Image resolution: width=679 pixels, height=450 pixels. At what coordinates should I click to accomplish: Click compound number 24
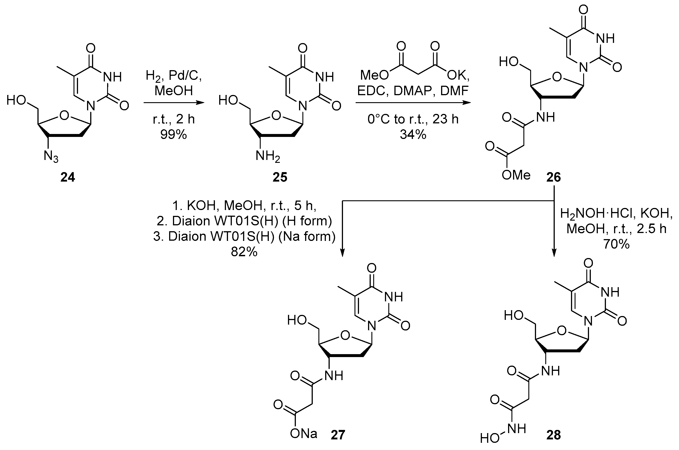(68, 177)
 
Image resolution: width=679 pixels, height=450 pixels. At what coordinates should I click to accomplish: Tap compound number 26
(553, 177)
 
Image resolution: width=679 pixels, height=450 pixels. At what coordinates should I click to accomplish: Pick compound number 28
(553, 435)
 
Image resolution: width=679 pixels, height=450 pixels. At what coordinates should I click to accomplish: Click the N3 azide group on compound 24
(51, 157)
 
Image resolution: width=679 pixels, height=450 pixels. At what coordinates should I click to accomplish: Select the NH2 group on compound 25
(268, 157)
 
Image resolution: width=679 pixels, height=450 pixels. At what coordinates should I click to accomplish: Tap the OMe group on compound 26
(516, 175)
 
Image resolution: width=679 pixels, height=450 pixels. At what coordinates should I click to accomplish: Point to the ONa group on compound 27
(304, 434)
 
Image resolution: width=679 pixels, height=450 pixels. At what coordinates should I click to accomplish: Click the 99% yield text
(174, 134)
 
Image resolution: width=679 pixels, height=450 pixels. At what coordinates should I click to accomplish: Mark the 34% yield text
(413, 134)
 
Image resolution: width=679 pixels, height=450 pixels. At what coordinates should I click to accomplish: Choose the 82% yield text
(244, 252)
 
